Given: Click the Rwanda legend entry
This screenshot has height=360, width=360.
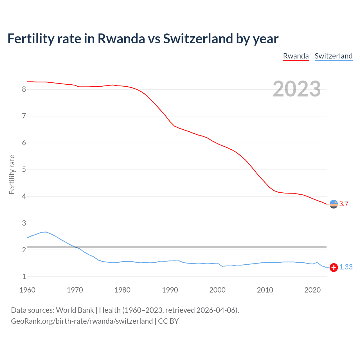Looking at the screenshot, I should tap(296, 56).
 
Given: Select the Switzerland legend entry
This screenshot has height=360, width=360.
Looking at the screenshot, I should tap(333, 56).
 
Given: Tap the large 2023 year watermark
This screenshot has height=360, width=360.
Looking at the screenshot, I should tap(296, 89).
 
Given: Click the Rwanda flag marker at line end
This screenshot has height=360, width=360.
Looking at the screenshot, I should tap(334, 204).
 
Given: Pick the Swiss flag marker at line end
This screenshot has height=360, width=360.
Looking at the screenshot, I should tap(334, 267).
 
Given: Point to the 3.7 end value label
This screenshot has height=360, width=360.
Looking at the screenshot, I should tap(344, 204).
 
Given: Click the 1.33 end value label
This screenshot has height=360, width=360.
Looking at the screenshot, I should tap(346, 267).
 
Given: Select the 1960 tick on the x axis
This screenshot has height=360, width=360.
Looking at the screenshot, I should tap(27, 290).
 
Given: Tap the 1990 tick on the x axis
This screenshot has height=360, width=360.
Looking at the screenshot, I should tap(170, 290).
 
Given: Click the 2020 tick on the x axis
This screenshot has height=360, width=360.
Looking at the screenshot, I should tap(312, 290).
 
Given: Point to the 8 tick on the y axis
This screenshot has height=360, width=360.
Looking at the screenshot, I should tap(24, 89).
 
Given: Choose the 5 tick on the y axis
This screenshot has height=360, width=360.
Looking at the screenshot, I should tap(24, 170).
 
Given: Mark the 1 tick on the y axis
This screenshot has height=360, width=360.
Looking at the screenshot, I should tap(24, 276).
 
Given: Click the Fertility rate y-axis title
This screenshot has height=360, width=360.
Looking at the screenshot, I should tap(12, 174).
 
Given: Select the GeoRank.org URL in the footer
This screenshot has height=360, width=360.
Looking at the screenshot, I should tap(82, 321).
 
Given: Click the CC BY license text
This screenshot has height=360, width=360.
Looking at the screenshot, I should tap(168, 321).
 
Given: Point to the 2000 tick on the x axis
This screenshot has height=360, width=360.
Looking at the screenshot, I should tap(217, 290).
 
